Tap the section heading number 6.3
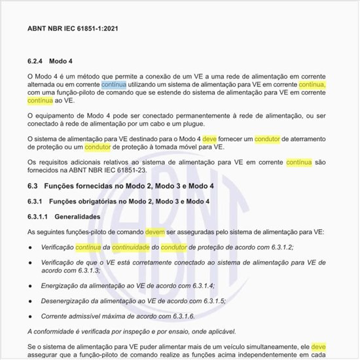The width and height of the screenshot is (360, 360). (x=34, y=187)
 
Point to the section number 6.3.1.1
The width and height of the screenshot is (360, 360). (x=41, y=215)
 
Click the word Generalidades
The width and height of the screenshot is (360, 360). (x=78, y=215)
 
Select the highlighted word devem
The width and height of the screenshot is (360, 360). (x=155, y=232)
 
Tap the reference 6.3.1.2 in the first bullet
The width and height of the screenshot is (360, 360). (x=281, y=247)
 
